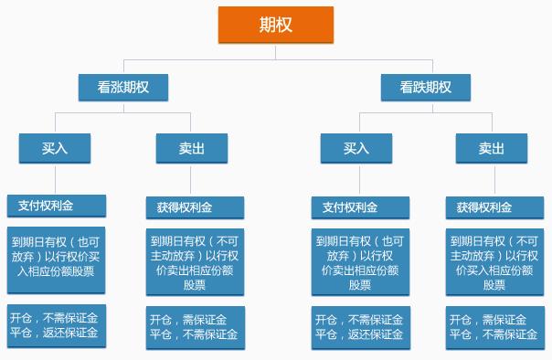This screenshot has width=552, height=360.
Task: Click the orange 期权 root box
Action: [x=276, y=25]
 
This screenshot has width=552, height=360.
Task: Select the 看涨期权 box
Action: [x=123, y=87]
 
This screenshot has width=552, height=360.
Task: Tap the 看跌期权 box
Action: [x=425, y=87]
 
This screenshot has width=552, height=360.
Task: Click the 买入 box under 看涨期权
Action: [x=55, y=148]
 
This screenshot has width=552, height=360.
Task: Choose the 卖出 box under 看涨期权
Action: [x=191, y=148]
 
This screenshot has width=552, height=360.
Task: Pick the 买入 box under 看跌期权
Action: [x=356, y=148]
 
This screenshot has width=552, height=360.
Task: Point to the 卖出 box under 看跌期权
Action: [x=492, y=148]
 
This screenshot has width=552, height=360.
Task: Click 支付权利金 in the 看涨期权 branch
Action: [x=56, y=206]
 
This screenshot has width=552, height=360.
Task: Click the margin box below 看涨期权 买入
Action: [x=56, y=325]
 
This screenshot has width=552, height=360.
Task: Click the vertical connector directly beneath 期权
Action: [x=276, y=51]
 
